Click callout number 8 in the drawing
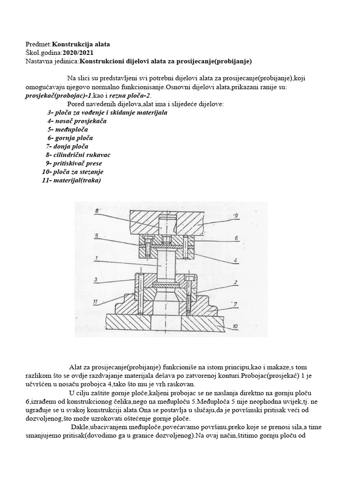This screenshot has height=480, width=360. tap(97, 212)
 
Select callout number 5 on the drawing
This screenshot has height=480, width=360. tap(96, 236)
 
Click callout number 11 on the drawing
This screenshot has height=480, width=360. tap(96, 301)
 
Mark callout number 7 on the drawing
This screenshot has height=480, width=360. tap(235, 304)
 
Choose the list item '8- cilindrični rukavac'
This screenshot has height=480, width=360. tap(78, 155)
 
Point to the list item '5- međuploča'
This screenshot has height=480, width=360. tap(67, 129)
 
